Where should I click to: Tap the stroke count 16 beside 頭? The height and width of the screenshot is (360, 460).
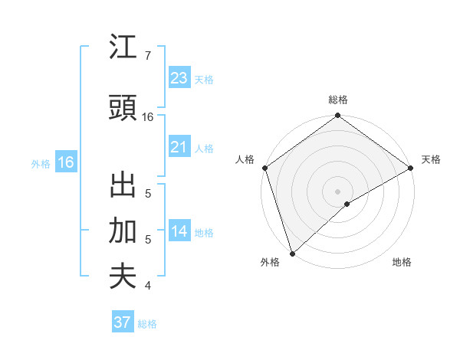(x=148, y=117)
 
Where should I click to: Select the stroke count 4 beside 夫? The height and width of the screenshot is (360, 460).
(x=148, y=286)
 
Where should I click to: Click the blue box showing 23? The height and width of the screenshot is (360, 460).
(x=179, y=77)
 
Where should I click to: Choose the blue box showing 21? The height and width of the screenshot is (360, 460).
(x=179, y=146)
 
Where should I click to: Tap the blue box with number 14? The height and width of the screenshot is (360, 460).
(x=179, y=231)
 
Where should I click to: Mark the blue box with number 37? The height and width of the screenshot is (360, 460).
(x=122, y=322)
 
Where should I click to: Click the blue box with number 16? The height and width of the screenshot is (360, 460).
(x=66, y=162)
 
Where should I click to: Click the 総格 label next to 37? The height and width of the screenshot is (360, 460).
(x=147, y=324)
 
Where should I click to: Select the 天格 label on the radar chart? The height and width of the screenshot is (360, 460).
(x=431, y=159)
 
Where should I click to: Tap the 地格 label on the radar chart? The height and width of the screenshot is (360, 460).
(x=402, y=263)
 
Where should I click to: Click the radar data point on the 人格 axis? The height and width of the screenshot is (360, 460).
(x=264, y=168)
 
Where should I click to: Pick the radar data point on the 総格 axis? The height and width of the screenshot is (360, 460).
(x=337, y=116)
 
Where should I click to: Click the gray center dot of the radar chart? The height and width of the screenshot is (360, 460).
(x=337, y=191)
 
